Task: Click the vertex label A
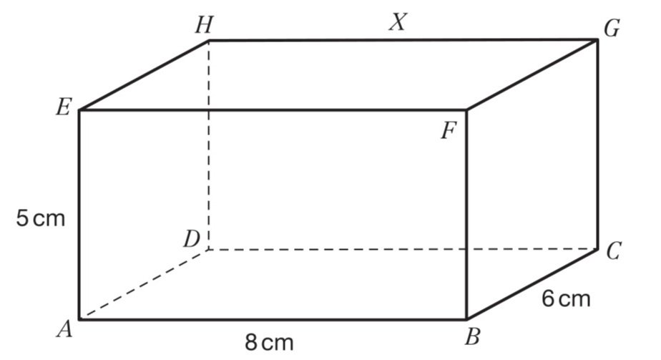point(65,329)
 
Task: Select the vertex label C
point(613,252)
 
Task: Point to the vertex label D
point(190,238)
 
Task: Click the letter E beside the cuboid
point(63,109)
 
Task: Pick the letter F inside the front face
point(449,132)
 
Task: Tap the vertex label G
point(611,29)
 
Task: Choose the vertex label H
point(204,25)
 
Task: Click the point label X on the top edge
point(398,23)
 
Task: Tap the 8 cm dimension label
point(269,342)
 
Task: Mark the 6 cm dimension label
point(566,298)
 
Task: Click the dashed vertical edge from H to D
point(209,143)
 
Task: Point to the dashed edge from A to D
point(143,284)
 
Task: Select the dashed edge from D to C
point(401,249)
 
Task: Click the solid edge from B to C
point(532,284)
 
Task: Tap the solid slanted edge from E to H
point(143,75)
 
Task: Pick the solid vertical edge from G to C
point(597,143)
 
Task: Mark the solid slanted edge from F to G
point(532,75)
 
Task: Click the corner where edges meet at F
point(466,110)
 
